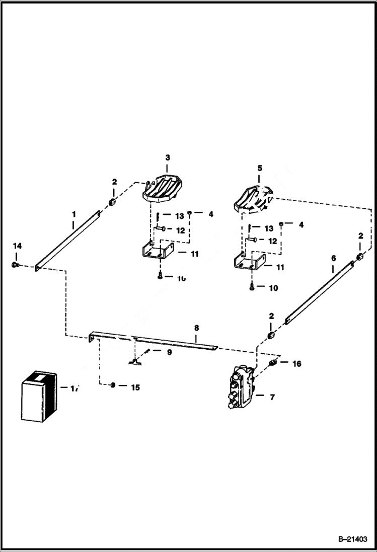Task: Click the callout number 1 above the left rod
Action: pyautogui.click(x=73, y=214)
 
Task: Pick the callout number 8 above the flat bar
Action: pyautogui.click(x=197, y=327)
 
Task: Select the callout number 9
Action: pyautogui.click(x=169, y=352)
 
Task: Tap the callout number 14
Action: pyautogui.click(x=18, y=246)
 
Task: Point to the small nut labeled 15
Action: pyautogui.click(x=113, y=385)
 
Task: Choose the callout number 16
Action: pyautogui.click(x=297, y=363)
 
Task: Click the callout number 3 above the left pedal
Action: pyautogui.click(x=168, y=157)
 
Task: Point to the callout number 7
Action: pyautogui.click(x=272, y=397)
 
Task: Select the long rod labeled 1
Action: pyautogui.click(x=68, y=241)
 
